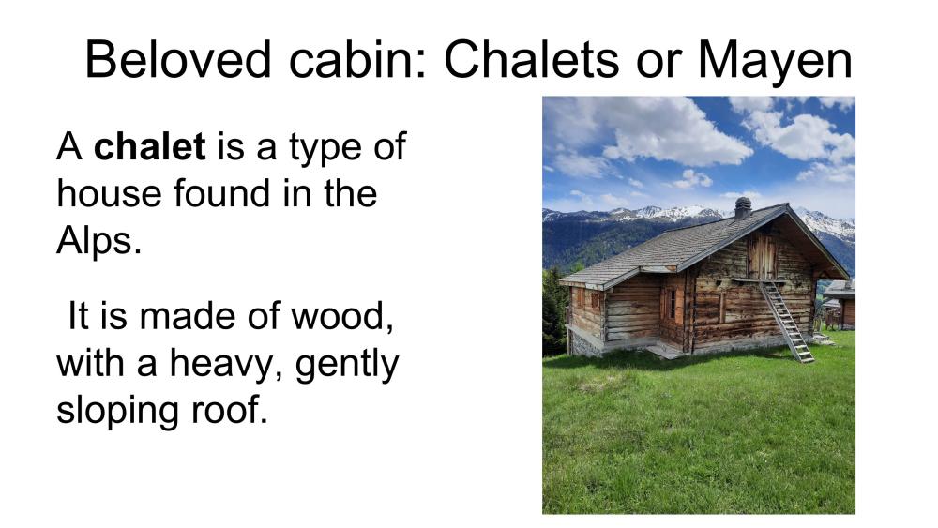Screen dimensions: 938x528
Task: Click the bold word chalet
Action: [x=149, y=146]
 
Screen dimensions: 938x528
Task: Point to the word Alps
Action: [x=98, y=242]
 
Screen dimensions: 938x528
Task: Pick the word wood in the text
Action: [x=341, y=316]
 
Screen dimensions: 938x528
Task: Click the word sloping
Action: [x=118, y=412]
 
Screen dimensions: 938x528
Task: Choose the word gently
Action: [x=347, y=365]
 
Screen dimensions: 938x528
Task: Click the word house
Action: [x=110, y=194]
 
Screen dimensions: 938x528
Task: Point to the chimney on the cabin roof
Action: [x=742, y=207]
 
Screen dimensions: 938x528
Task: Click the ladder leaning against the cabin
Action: [x=786, y=321]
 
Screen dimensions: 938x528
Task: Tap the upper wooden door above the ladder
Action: [x=762, y=256]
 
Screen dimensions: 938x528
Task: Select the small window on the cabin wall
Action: [x=673, y=304]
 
